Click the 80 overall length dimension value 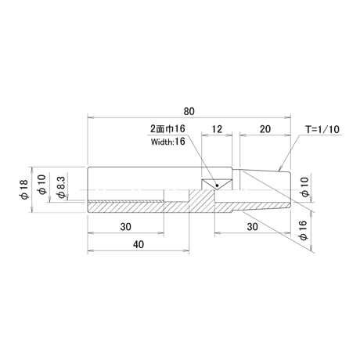(x=189, y=111)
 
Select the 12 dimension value (x=217, y=129)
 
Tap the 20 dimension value (x=265, y=129)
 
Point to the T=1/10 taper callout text (x=322, y=129)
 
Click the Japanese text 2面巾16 (x=167, y=128)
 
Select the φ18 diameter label (x=23, y=189)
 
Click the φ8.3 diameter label (x=62, y=187)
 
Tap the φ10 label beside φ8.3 (x=42, y=185)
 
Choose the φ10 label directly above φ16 (x=304, y=187)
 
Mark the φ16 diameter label (x=304, y=230)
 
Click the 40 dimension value (x=139, y=244)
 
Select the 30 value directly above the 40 (x=125, y=227)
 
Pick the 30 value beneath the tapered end (x=252, y=227)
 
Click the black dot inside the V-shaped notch (x=217, y=185)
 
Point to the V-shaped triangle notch (x=217, y=185)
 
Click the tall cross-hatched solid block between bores (x=202, y=201)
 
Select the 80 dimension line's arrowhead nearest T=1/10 (x=288, y=117)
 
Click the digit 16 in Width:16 (x=180, y=142)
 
